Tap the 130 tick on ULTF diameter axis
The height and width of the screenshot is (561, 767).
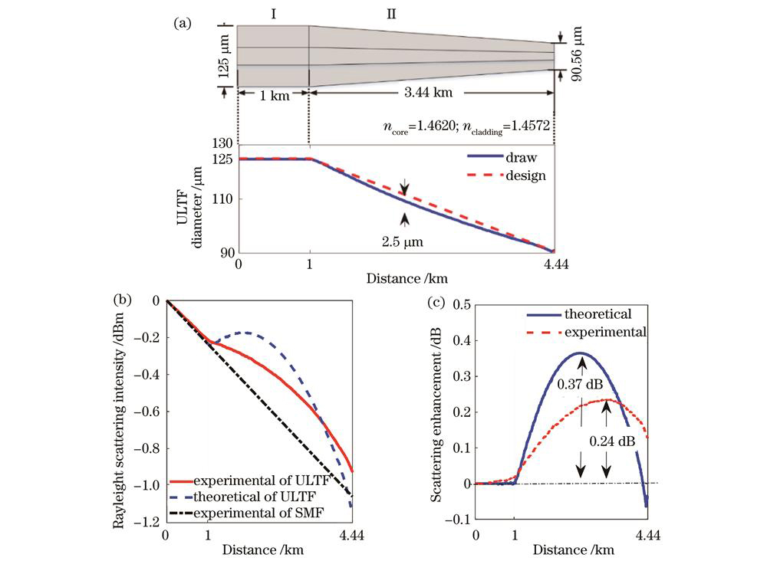click(x=222, y=143)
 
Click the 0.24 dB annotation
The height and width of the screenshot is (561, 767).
click(x=606, y=442)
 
